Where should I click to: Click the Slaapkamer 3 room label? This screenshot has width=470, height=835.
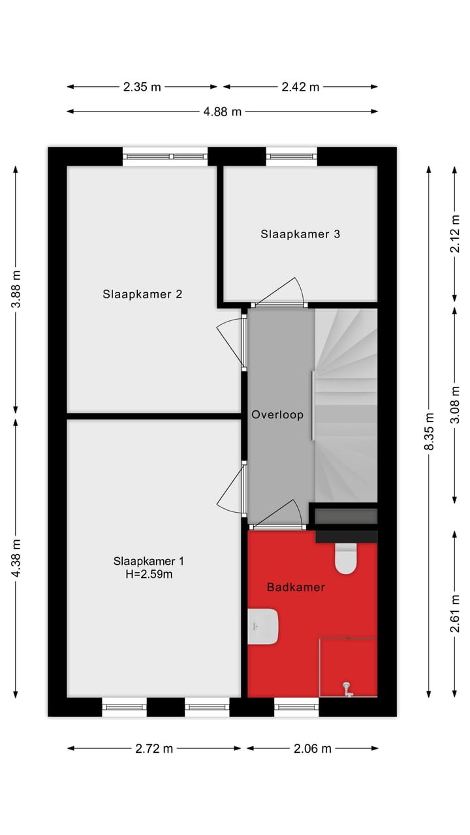300,234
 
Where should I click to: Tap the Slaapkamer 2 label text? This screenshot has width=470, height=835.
142,294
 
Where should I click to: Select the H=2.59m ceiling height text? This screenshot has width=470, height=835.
149,575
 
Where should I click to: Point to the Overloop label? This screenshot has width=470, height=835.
277,414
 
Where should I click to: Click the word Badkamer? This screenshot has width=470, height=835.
296,587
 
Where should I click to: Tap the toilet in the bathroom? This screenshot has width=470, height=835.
346,558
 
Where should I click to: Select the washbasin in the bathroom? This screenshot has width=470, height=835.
264,627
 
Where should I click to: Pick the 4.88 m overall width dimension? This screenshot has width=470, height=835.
222,112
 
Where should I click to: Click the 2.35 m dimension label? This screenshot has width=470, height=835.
142,87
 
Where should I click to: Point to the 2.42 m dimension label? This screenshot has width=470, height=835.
300,87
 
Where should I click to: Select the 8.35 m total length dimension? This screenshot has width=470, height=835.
429,432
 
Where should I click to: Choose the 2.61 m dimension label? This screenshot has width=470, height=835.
455,614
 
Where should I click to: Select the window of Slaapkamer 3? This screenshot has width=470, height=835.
291,156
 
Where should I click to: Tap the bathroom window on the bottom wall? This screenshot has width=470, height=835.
296,705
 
